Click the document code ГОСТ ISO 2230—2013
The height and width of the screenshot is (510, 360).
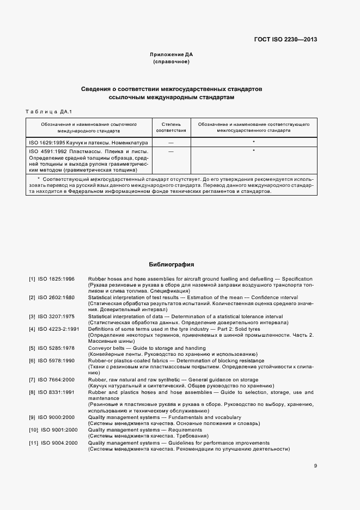(x=285, y=40)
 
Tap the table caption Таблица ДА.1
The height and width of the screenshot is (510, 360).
(x=49, y=112)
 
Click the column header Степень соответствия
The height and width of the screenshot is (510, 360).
(x=171, y=127)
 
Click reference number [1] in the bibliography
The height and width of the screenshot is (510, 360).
(x=32, y=279)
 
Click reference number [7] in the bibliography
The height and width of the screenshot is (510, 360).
(x=32, y=379)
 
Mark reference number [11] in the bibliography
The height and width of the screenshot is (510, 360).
(x=33, y=442)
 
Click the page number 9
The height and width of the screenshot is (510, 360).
(x=315, y=465)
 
